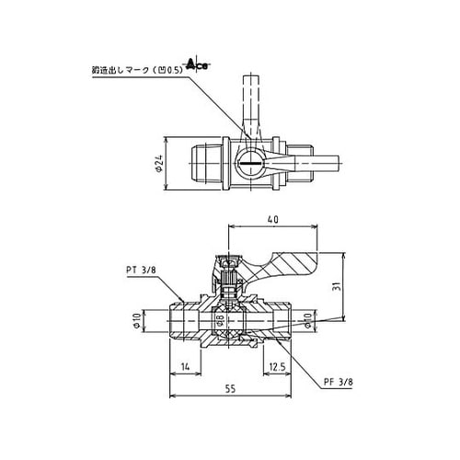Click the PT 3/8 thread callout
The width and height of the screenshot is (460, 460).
point(142,270)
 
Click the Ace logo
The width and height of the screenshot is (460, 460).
point(197,63)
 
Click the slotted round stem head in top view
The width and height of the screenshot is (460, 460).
point(249,166)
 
